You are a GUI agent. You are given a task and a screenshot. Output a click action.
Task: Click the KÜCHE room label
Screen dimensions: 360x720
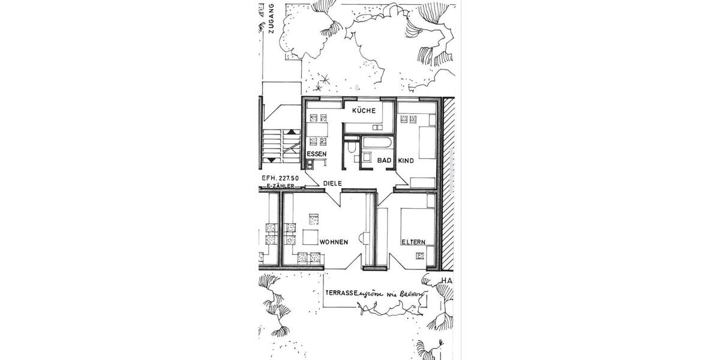click(x=364, y=110)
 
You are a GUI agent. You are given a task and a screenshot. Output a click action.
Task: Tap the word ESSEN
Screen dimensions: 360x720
click(x=317, y=155)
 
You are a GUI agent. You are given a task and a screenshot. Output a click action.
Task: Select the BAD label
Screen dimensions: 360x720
click(x=384, y=160)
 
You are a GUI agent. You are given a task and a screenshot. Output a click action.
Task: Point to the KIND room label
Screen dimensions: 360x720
click(x=406, y=161)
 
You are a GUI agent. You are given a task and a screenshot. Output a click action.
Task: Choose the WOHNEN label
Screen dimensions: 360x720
click(x=334, y=242)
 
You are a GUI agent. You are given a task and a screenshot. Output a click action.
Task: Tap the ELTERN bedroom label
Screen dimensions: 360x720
click(x=413, y=242)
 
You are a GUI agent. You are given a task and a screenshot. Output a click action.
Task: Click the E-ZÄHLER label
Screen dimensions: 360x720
click(x=281, y=186)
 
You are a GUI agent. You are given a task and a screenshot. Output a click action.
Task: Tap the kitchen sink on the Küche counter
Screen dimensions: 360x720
click(x=376, y=127)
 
